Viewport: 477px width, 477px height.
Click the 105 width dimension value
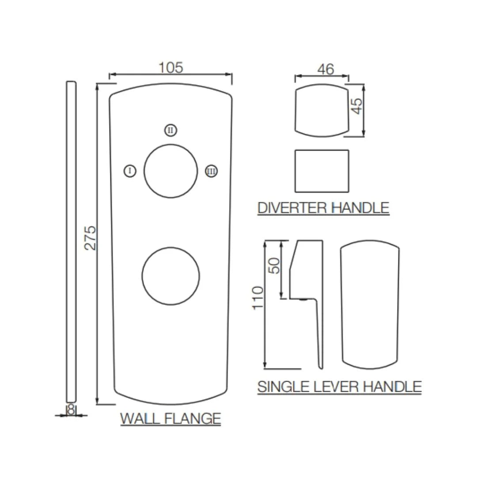point(171,68)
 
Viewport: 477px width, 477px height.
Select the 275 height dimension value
point(90,238)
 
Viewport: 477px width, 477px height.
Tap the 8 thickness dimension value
point(71,409)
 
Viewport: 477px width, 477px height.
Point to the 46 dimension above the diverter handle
point(326,69)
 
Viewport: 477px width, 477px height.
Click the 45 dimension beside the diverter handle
point(357,106)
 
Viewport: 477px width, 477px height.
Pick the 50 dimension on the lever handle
point(274,266)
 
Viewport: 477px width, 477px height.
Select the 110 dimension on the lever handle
point(258,298)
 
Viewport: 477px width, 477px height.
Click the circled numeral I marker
point(130,171)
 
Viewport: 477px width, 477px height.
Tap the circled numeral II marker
point(170,130)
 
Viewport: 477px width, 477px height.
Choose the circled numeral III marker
point(212,171)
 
